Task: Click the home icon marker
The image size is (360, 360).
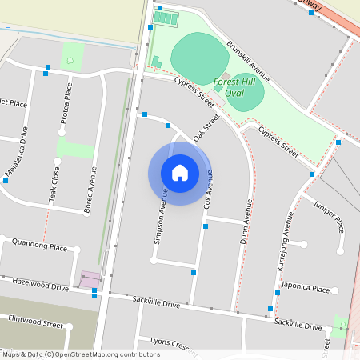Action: point(180,173)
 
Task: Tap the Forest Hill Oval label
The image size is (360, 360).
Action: point(235,87)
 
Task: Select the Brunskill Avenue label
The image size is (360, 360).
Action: point(247,62)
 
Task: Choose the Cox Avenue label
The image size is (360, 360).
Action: point(208,189)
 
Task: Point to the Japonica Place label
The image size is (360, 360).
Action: point(309,289)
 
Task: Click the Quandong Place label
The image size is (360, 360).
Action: point(39,247)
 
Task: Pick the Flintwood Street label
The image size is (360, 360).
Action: point(35,325)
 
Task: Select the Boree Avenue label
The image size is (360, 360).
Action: point(90,190)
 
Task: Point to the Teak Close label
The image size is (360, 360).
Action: point(54,183)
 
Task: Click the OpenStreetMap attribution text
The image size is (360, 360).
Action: point(81,354)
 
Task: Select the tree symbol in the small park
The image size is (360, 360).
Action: point(71,60)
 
